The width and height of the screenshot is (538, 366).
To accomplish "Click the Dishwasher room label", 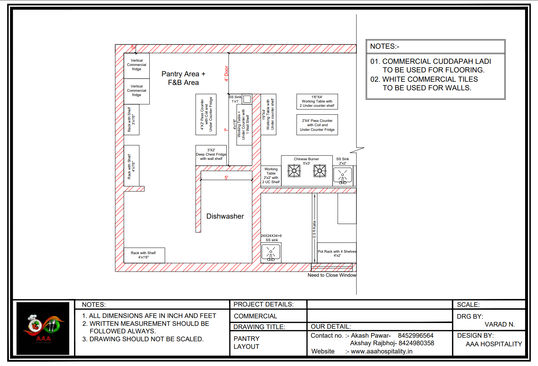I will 225,216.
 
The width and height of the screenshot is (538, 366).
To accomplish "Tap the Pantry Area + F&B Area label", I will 183,78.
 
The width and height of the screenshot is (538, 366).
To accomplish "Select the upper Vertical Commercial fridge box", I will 137,65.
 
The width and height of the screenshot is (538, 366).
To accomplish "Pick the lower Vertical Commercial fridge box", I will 137,91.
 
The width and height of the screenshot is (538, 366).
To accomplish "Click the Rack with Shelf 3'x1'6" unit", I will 131,120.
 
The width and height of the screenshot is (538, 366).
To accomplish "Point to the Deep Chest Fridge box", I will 211,155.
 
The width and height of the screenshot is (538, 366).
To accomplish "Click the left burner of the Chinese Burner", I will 294,171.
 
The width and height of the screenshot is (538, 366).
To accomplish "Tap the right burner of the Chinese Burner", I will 319,171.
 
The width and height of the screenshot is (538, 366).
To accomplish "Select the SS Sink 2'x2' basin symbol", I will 343,176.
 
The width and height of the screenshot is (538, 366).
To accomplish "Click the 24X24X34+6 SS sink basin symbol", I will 271,252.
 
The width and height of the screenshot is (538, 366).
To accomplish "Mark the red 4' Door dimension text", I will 226,73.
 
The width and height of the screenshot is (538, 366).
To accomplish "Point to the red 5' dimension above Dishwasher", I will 226,177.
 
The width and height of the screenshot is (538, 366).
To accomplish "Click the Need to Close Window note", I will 332,275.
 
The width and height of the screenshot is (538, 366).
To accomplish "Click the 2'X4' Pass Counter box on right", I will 317,125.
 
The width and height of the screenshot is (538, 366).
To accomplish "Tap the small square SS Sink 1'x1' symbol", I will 247,99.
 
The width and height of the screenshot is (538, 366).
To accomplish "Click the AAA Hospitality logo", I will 43,328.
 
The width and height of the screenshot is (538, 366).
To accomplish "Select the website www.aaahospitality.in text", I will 382,351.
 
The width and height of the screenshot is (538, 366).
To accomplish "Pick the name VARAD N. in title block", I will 500,324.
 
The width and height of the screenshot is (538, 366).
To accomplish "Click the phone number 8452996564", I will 416,336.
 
